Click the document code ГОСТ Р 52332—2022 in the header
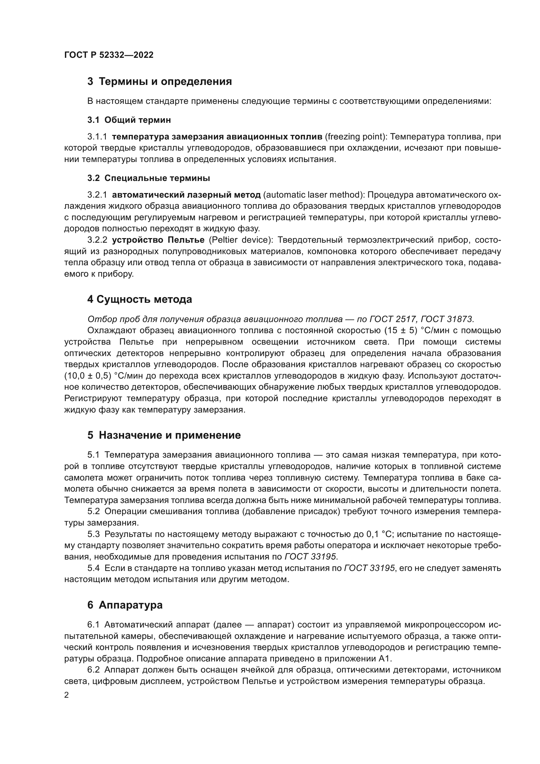tap(109, 55)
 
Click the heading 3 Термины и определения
tap(160, 82)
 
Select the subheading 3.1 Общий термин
tap(129, 120)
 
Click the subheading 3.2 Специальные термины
tap(149, 178)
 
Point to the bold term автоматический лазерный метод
tap(186, 195)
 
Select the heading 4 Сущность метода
tap(140, 300)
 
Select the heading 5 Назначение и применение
tap(164, 435)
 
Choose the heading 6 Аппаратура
tap(125, 605)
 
